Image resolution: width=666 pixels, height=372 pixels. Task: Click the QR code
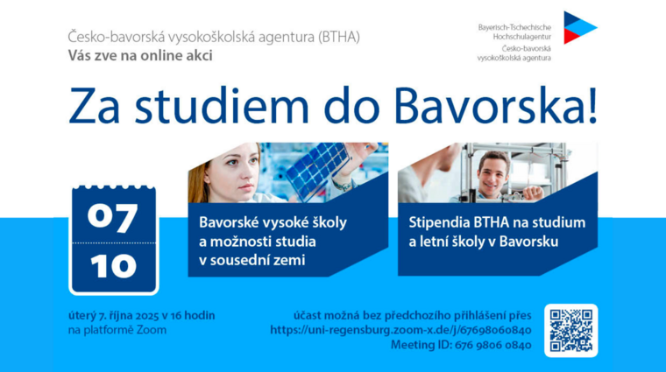570,330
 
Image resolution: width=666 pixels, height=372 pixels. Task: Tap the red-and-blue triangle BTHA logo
577,28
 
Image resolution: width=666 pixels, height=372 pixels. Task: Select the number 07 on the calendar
113,214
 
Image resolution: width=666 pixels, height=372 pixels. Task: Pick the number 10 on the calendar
113,265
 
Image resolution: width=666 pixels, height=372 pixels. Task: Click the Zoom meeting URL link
400,330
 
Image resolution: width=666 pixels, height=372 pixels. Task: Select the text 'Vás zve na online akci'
140,56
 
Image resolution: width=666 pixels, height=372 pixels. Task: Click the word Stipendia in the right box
438,222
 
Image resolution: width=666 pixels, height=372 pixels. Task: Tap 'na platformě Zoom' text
117,330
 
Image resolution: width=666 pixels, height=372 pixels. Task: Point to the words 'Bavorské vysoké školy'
273,222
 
